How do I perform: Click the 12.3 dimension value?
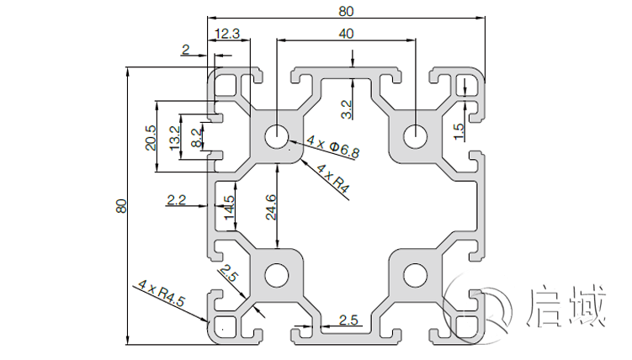tap(228, 34)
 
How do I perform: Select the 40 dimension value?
tap(346, 33)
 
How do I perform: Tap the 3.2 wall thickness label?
tap(346, 109)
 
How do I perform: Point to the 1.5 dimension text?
tap(459, 131)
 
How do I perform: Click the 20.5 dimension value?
tap(150, 138)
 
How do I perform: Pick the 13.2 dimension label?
tap(174, 137)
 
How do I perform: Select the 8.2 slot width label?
tap(196, 137)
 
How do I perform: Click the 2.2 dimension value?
tap(176, 200)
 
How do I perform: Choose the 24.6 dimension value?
tap(269, 208)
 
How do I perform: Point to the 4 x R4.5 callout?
tap(160, 294)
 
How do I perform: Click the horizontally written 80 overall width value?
tap(346, 11)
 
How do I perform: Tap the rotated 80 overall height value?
tap(120, 206)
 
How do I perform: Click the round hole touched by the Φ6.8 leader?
tap(276, 136)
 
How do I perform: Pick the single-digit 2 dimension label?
tap(185, 50)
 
